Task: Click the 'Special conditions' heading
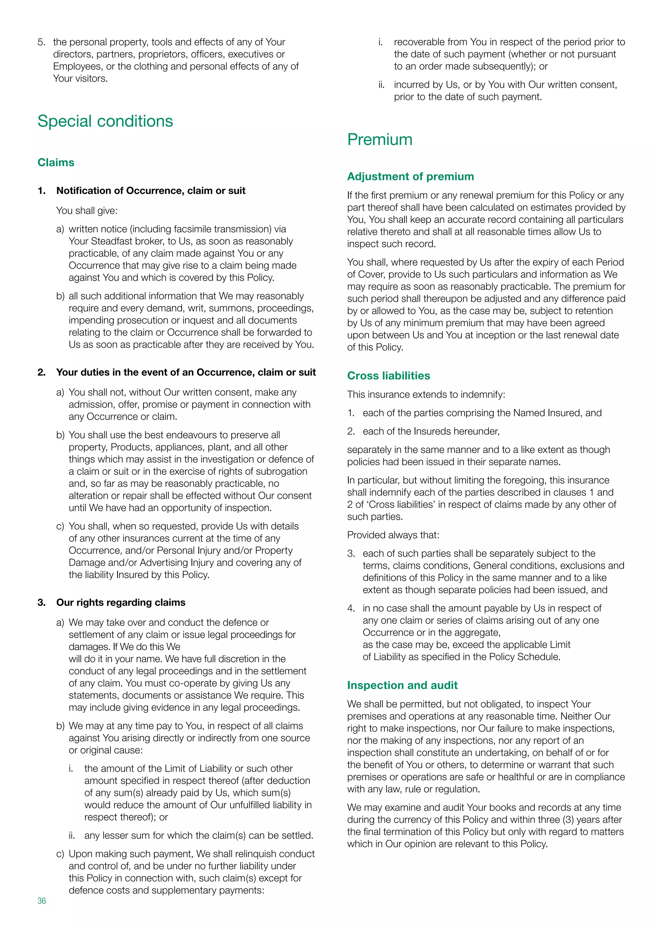coord(105,121)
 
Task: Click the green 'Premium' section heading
coord(380,140)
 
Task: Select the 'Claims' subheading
coord(56,163)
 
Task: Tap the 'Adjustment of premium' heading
coord(410,176)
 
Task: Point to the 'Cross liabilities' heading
coord(388,376)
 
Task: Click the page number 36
coord(42,901)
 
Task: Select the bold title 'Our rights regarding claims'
coord(121,602)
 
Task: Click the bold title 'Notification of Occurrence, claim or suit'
coord(150,191)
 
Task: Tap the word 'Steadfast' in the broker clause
coord(113,241)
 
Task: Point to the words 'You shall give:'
coord(87,211)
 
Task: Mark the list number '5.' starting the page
coord(41,42)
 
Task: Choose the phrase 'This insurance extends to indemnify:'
coord(426,395)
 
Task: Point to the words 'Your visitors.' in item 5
coord(80,79)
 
